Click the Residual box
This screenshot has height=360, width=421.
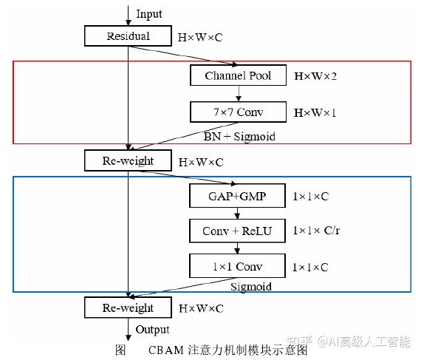pos(128,35)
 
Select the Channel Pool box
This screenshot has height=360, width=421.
pos(237,75)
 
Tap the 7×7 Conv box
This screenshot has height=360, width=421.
pos(237,112)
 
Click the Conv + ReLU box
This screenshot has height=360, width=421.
pos(237,231)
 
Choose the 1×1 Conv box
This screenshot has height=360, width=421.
pos(237,266)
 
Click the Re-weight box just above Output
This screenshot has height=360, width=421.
pos(128,308)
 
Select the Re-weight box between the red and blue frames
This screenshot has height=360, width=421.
pos(128,160)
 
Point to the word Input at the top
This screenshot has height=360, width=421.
pos(148,14)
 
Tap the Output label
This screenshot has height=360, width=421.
pos(151,329)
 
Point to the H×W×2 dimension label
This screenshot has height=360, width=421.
pos(316,76)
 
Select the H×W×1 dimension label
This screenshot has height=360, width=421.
pos(316,112)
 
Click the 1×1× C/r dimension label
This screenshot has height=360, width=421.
pos(316,231)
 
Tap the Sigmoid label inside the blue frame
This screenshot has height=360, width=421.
pos(251,286)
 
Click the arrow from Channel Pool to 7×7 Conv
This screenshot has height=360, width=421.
pos(237,94)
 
